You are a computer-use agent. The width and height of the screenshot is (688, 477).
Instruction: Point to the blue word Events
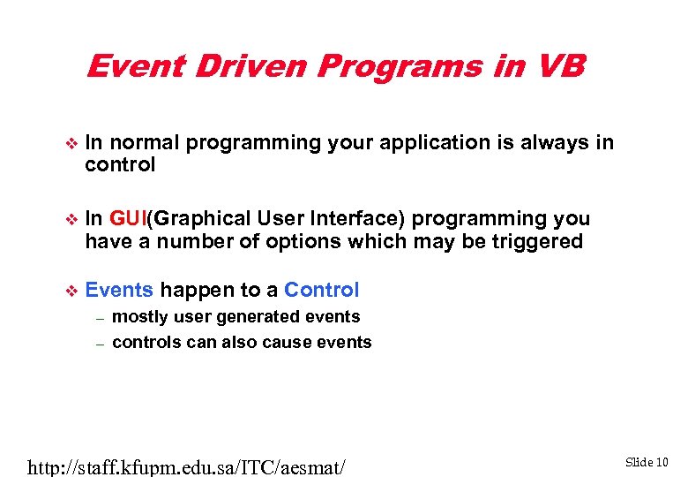pyautogui.click(x=119, y=290)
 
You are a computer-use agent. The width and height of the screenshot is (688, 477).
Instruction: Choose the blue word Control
pyautogui.click(x=322, y=290)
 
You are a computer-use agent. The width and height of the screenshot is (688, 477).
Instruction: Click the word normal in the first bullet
pyautogui.click(x=146, y=142)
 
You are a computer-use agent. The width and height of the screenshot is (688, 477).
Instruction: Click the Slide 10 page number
pyautogui.click(x=647, y=461)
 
